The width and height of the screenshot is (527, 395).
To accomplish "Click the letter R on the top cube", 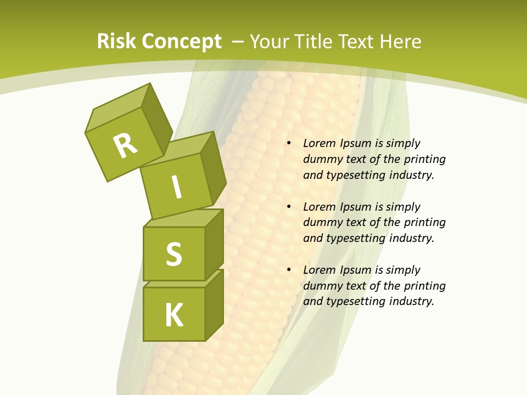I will (126, 145).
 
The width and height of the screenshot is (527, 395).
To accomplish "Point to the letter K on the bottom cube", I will (174, 315).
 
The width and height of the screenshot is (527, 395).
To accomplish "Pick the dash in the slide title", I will (238, 42).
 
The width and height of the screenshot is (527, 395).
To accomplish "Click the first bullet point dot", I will (289, 144).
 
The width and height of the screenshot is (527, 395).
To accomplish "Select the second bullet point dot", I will (289, 207).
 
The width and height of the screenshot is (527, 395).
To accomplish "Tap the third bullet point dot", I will (289, 270).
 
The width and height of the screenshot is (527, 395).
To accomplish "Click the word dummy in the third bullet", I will (321, 285).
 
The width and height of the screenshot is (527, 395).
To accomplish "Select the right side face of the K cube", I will (214, 305).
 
